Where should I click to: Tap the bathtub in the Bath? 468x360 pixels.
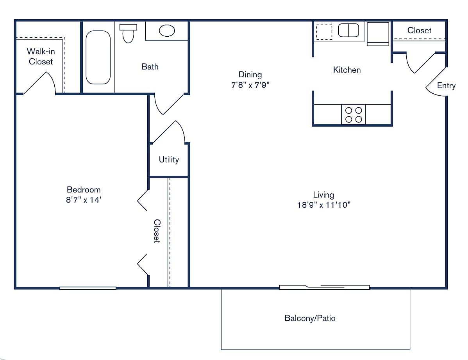coord(98,57)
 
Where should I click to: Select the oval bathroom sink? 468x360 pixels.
coord(167,30)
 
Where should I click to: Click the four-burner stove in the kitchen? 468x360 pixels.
coord(353,114)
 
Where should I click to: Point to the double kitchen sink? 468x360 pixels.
coord(348,30)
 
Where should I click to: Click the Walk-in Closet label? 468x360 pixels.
coord(41,56)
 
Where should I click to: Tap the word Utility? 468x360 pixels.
coord(169,159)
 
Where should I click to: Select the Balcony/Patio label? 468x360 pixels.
coord(310,318)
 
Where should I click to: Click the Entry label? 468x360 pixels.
coord(446,86)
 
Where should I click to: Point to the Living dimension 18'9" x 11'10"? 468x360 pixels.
coord(323,205)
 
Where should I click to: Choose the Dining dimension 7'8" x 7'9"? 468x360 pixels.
coord(250,84)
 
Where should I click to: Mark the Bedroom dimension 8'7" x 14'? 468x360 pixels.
coord(84,200)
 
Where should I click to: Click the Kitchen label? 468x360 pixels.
coord(347,70)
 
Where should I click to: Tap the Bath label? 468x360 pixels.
coord(150,67)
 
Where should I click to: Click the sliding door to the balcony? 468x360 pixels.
coord(324,287)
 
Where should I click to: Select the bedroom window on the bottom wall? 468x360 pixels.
coord(88,288)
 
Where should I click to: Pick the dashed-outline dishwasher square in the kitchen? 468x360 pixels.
coord(323,32)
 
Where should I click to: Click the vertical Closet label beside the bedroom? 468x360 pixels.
coord(157,231)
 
